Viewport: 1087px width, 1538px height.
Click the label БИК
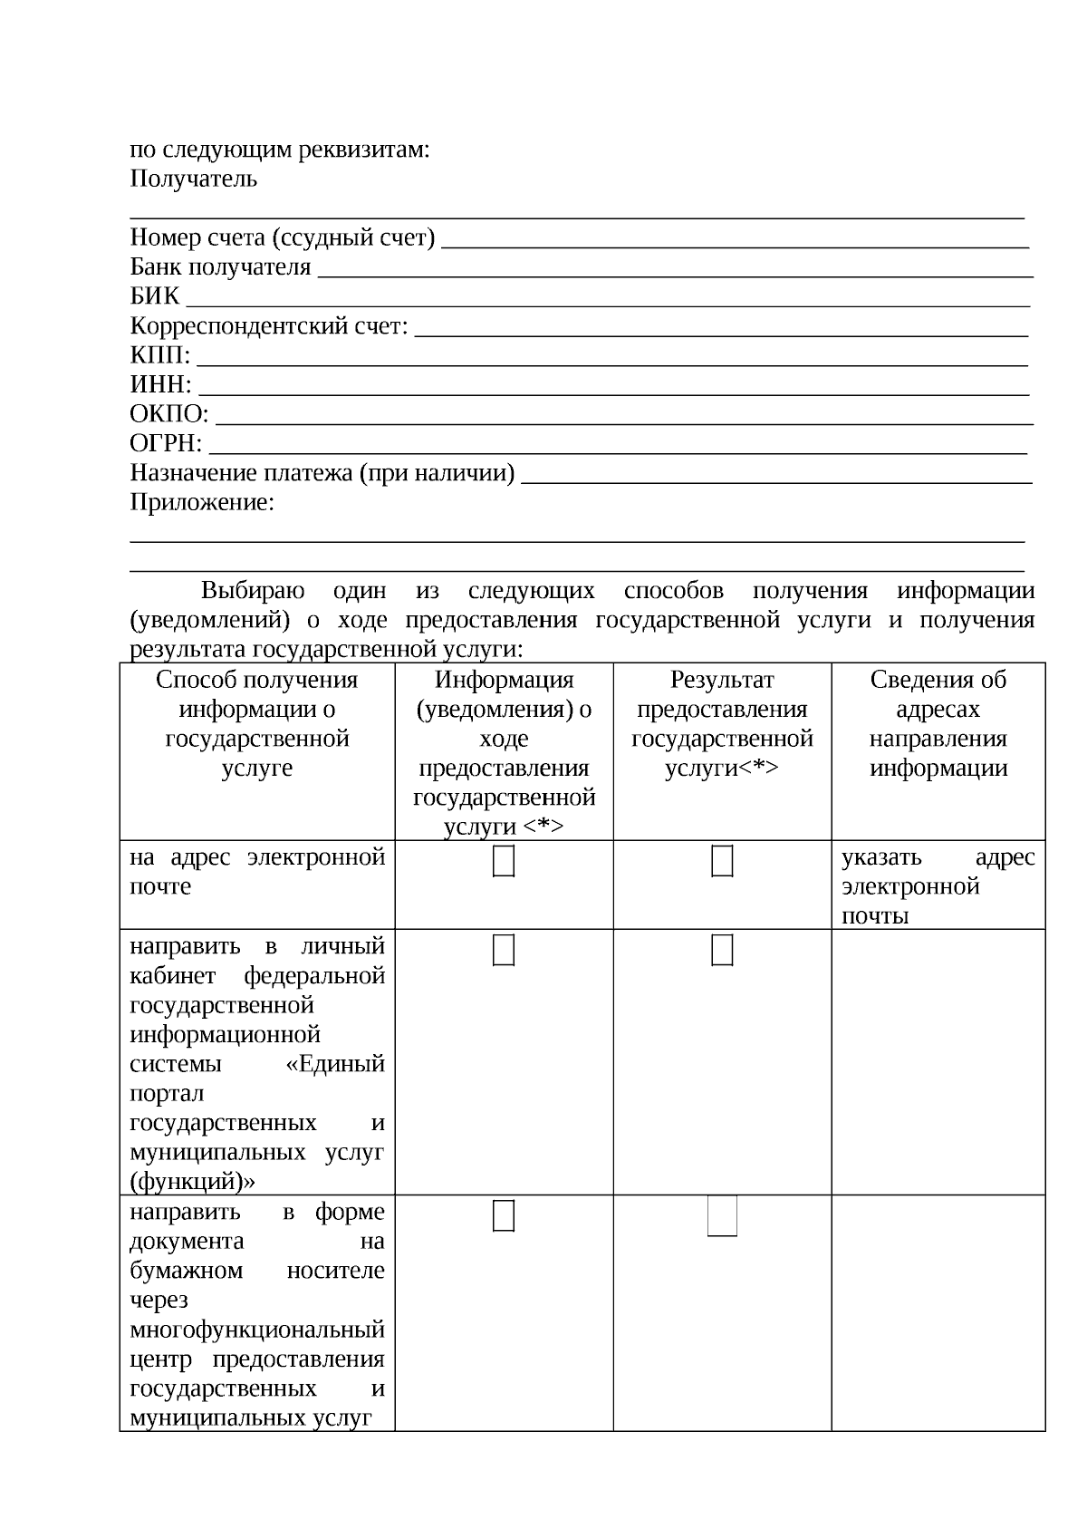155,296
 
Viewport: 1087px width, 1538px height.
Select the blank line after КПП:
612,361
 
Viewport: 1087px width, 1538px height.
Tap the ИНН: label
160,384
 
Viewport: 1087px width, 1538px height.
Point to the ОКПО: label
168,414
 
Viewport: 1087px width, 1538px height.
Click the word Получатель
193,179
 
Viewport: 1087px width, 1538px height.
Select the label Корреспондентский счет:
269,325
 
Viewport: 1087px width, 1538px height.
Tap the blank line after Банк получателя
676,272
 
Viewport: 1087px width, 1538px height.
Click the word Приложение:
202,502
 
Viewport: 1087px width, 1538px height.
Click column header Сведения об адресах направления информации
938,723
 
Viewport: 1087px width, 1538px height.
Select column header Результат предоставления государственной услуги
722,723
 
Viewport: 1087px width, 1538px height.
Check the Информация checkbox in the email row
504,861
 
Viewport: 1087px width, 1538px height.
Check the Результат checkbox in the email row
722,861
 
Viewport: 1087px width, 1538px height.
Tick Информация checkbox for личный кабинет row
504,950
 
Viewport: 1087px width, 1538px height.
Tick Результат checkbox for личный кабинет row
722,950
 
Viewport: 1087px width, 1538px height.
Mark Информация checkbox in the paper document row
504,1216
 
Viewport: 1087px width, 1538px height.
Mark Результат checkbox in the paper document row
722,1216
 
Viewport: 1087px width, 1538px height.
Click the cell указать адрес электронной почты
938,885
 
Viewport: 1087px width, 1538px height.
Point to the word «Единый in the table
335,1064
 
